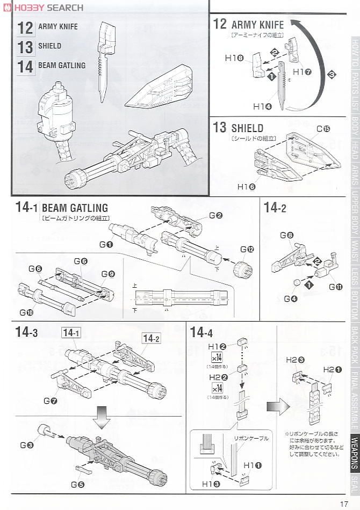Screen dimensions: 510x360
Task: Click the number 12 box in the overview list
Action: coord(25,27)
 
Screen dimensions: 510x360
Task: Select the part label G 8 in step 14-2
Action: coord(301,235)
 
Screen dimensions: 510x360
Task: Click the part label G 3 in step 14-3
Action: coord(27,445)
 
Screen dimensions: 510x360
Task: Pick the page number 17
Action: coord(344,503)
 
